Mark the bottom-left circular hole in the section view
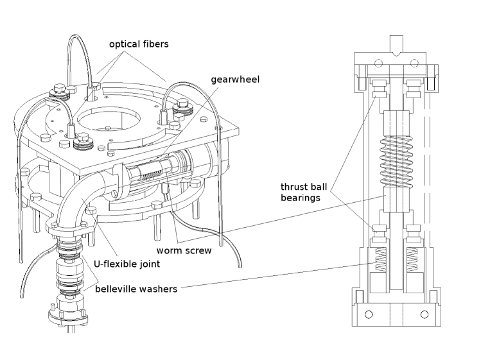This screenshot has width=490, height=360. [369, 314]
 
